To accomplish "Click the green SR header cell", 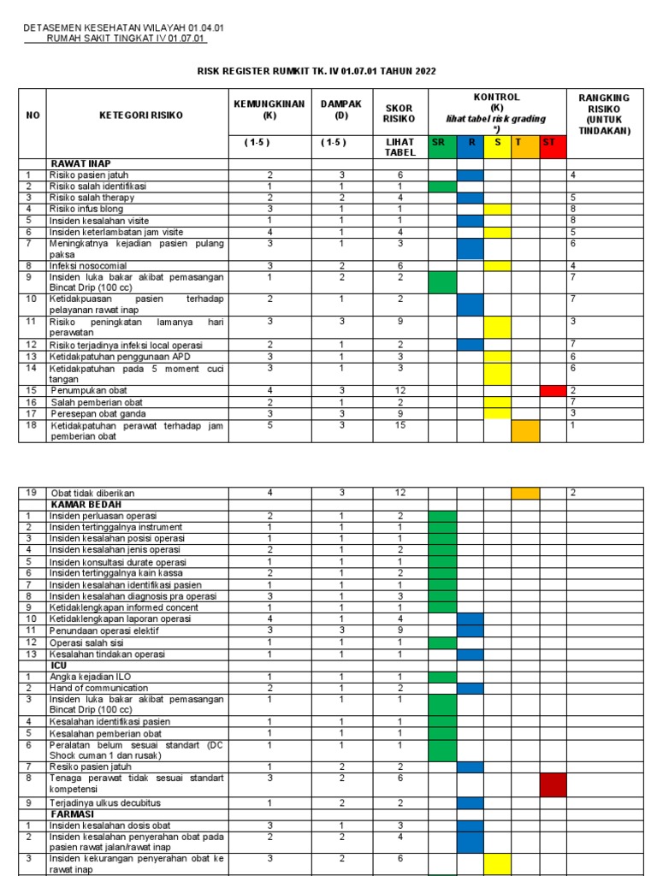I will (442, 142).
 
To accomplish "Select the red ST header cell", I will (553, 142).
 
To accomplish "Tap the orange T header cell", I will (525, 142).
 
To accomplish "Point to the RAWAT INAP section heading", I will (81, 163).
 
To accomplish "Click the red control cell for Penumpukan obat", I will (553, 390).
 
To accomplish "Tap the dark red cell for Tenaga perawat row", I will (553, 784).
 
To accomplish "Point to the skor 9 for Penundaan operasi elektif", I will (400, 630).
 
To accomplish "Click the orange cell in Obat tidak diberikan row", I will (525, 493).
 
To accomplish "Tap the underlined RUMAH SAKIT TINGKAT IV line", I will (127, 38).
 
